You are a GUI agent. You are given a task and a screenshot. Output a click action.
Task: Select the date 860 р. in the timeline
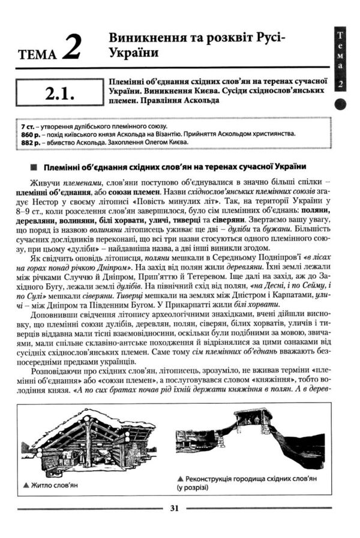tap(31, 136)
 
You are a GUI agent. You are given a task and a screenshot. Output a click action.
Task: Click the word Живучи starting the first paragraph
tap(45, 182)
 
